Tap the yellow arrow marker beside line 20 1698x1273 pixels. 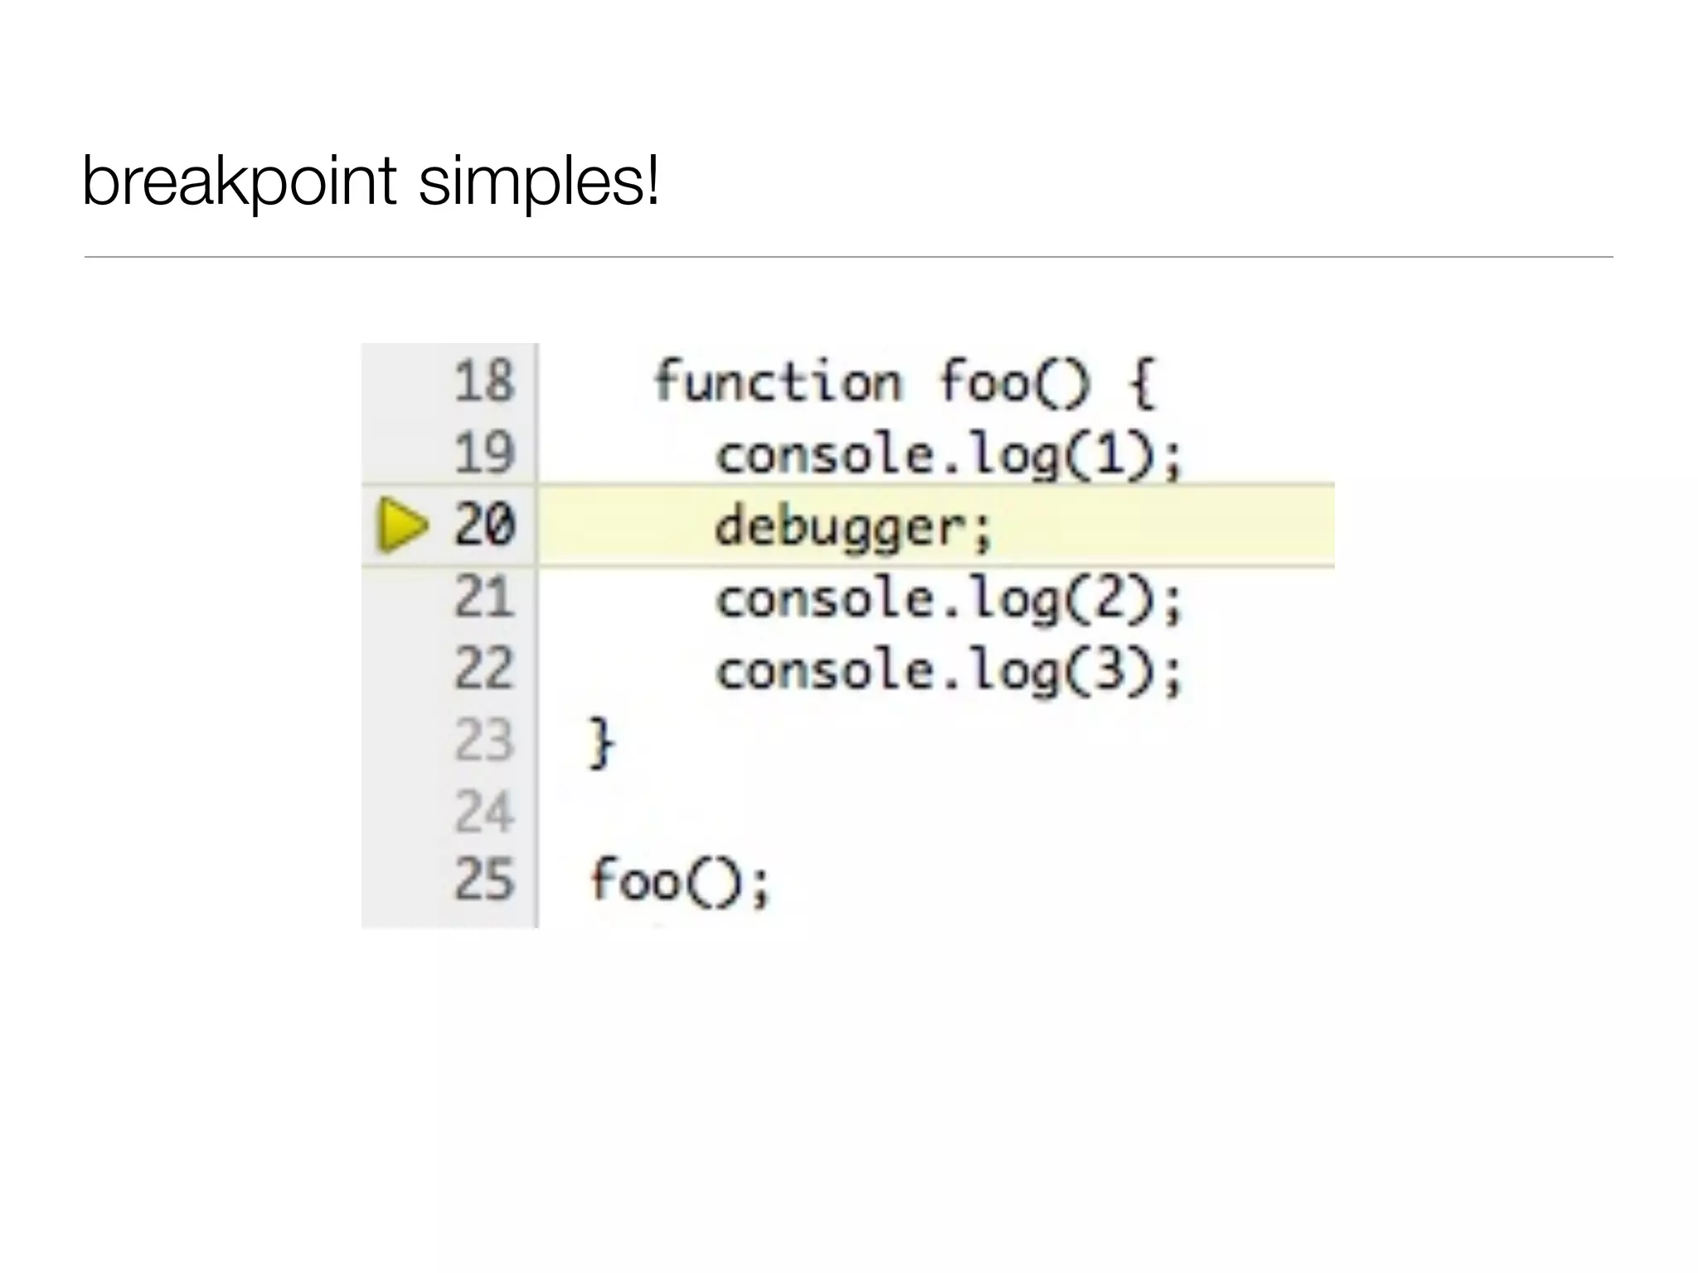pyautogui.click(x=402, y=525)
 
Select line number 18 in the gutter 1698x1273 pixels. pyautogui.click(x=485, y=382)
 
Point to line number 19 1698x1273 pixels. pyautogui.click(x=485, y=453)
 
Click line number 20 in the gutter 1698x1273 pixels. pyautogui.click(x=485, y=525)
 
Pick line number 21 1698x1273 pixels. pyautogui.click(x=485, y=598)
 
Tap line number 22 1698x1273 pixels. pyautogui.click(x=485, y=669)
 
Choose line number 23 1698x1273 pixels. pyautogui.click(x=485, y=741)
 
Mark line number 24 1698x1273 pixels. pyautogui.click(x=485, y=812)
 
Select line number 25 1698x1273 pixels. pyautogui.click(x=485, y=880)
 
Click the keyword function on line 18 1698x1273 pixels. pyautogui.click(x=777, y=382)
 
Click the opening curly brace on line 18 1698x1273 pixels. pyautogui.click(x=1142, y=384)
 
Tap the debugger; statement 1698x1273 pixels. pyautogui.click(x=853, y=528)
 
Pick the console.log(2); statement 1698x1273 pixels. pyautogui.click(x=948, y=599)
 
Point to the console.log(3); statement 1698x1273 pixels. pyautogui.click(x=948, y=671)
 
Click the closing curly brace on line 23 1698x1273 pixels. pyautogui.click(x=601, y=743)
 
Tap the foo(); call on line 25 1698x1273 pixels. pyautogui.click(x=680, y=881)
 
